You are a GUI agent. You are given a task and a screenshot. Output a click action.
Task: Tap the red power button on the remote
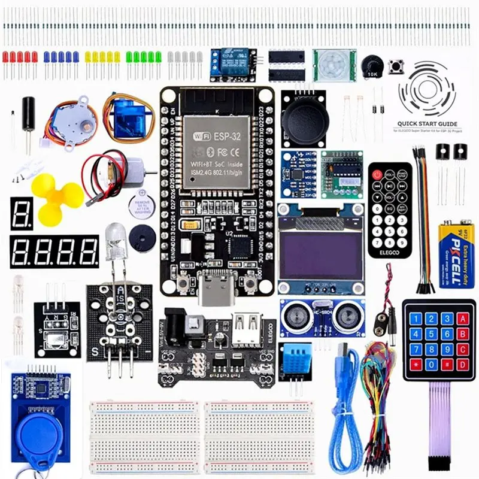click(x=378, y=175)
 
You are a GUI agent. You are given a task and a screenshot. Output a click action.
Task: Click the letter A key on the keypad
click(x=462, y=319)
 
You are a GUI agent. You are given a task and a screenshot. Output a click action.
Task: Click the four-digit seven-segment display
click(x=54, y=251)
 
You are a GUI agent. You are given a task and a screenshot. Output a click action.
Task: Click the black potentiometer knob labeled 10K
click(x=372, y=66)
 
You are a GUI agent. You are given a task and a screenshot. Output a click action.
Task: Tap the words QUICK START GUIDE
click(x=426, y=125)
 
